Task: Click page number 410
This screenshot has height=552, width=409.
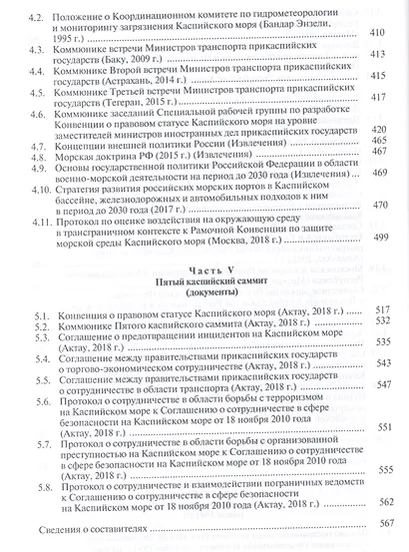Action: pyautogui.click(x=377, y=34)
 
